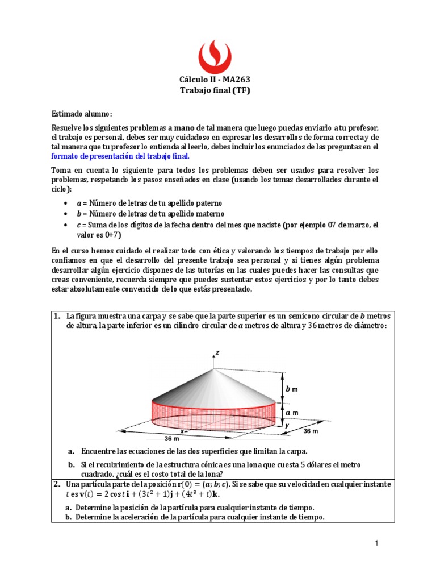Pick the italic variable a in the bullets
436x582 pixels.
[78, 203]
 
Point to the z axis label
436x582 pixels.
[217, 353]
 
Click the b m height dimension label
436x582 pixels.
[291, 389]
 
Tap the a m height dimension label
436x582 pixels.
[291, 412]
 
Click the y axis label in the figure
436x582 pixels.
[287, 424]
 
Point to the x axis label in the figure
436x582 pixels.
[182, 431]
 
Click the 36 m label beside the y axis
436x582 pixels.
[311, 431]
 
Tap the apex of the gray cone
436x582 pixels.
[214, 369]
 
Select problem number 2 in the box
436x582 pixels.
[57, 484]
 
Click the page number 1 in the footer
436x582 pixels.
[376, 544]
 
